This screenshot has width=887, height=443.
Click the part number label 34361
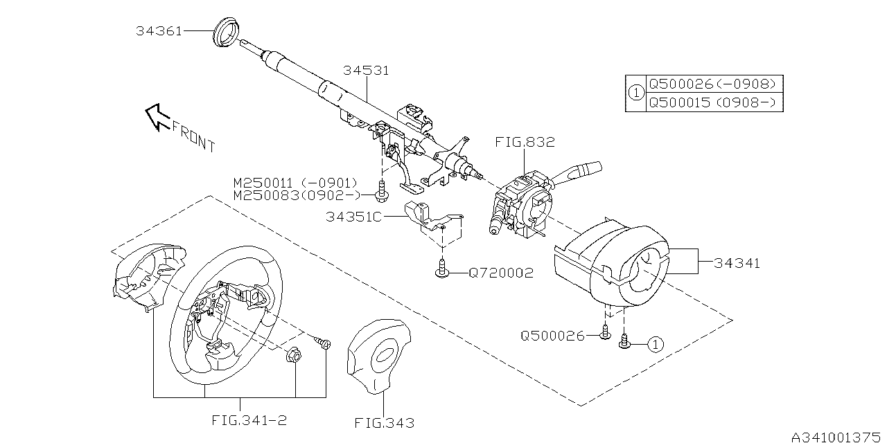(159, 31)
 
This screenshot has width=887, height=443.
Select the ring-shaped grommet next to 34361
(227, 33)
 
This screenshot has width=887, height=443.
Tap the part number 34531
(366, 71)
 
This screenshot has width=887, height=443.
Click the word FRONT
(193, 136)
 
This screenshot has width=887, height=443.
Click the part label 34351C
(354, 217)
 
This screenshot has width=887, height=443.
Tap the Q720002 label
(501, 273)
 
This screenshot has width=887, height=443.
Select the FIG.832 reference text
(525, 143)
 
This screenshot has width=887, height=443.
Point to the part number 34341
(737, 263)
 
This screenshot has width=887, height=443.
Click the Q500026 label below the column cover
(553, 336)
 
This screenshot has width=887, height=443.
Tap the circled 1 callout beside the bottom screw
(656, 344)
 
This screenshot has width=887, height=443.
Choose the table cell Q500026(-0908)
(711, 84)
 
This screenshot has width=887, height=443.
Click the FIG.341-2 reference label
(240, 419)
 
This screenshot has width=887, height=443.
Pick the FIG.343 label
(384, 422)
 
